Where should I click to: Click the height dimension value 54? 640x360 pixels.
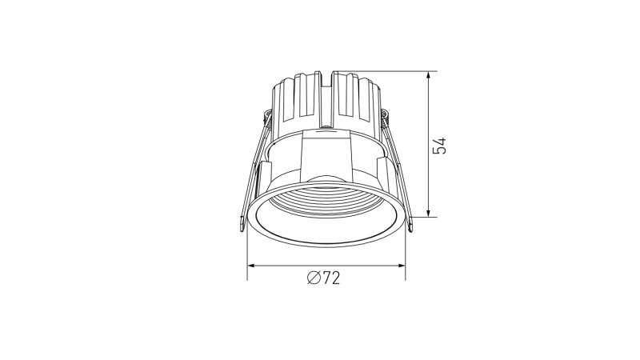pyautogui.click(x=438, y=146)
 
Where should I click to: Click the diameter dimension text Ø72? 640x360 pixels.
pyautogui.click(x=323, y=278)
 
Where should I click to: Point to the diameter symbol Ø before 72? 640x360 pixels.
pyautogui.click(x=314, y=278)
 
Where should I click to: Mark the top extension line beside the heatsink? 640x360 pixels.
pyautogui.click(x=384, y=71)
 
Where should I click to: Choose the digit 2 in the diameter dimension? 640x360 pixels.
pyautogui.click(x=335, y=278)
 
